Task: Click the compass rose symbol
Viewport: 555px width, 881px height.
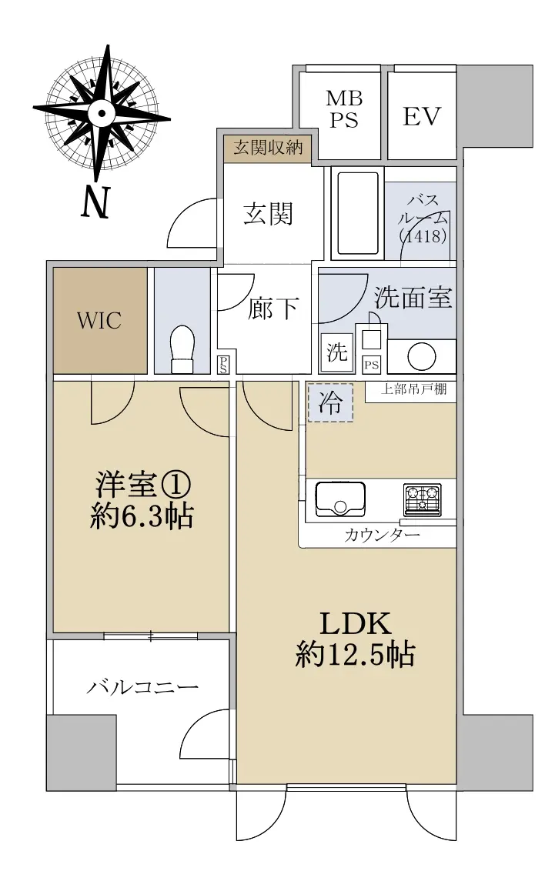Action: [102, 113]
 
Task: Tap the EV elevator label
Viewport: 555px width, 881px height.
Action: [422, 117]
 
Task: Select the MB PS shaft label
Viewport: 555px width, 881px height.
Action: [343, 109]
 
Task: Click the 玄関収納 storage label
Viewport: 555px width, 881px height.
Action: [268, 148]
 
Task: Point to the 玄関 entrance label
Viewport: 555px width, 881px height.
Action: [268, 213]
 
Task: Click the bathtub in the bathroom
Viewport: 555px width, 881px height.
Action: [358, 213]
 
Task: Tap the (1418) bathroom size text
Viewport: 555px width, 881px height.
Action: [423, 236]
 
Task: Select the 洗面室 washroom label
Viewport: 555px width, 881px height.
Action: [413, 297]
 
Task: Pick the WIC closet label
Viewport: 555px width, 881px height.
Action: [99, 321]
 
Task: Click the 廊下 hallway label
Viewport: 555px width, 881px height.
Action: [272, 309]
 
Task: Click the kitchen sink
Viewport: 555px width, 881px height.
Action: [339, 499]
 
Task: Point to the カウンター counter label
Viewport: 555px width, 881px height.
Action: [382, 535]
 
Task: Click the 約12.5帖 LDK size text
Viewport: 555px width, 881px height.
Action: [355, 655]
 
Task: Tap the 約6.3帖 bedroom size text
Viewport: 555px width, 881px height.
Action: [142, 516]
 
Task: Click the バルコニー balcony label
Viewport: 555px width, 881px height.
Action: [143, 687]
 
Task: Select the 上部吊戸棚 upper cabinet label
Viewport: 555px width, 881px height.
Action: [414, 389]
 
